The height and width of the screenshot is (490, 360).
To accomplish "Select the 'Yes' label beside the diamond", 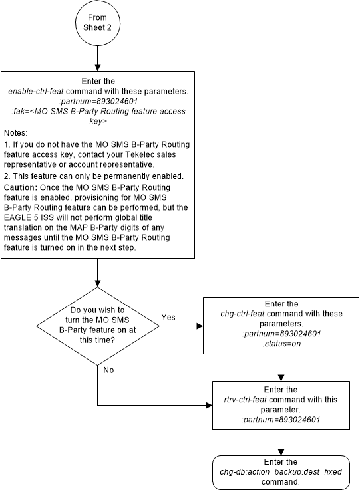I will coord(169,318).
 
